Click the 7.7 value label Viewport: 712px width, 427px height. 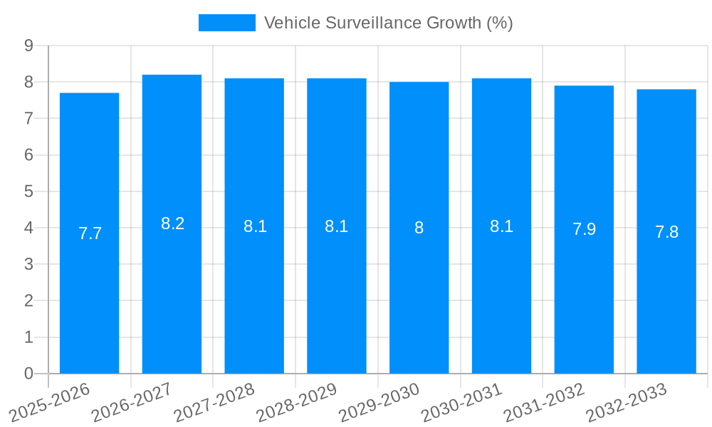pyautogui.click(x=90, y=233)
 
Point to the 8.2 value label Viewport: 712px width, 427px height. pyautogui.click(x=172, y=223)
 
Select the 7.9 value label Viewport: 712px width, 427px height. pyautogui.click(x=584, y=229)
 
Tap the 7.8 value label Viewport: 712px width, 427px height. pyautogui.click(x=666, y=232)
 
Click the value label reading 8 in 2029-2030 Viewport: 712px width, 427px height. pyautogui.click(x=419, y=228)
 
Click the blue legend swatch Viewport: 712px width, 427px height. pyautogui.click(x=226, y=23)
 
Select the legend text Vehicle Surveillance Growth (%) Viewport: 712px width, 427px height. pyautogui.click(x=388, y=23)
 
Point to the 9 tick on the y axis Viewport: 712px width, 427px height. pyautogui.click(x=28, y=46)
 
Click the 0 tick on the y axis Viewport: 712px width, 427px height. pyautogui.click(x=28, y=374)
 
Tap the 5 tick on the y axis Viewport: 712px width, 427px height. pyautogui.click(x=28, y=191)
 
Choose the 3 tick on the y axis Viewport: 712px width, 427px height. pyautogui.click(x=28, y=264)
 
